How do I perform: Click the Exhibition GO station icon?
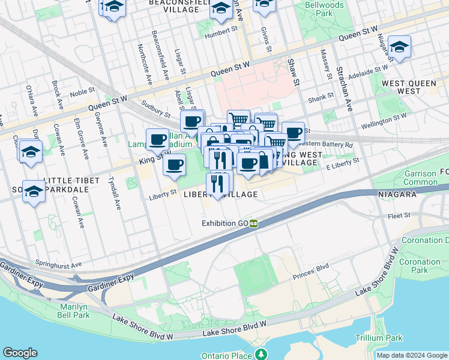click(x=254, y=223)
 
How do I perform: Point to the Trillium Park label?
click(x=378, y=338)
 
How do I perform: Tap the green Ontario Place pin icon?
click(x=261, y=355)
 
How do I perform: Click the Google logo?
click(x=20, y=353)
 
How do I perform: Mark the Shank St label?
click(x=321, y=96)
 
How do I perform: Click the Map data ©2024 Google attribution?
click(x=412, y=355)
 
